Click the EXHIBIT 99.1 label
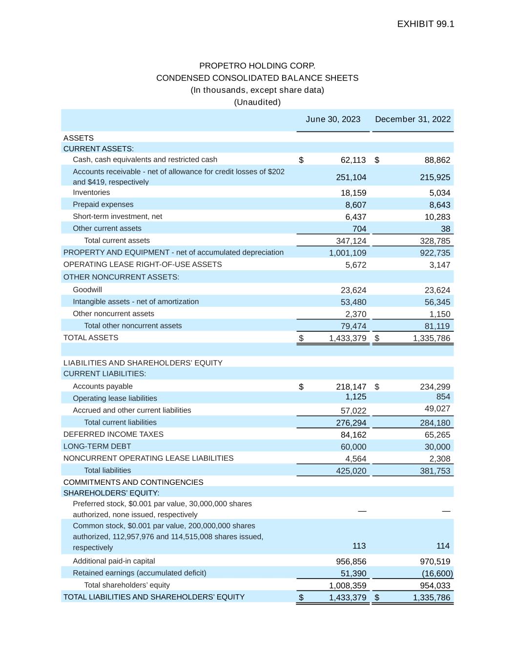(425, 24)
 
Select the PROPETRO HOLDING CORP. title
(257, 65)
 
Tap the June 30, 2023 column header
(333, 119)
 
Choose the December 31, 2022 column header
(412, 119)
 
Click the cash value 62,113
(353, 160)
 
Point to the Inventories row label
(91, 193)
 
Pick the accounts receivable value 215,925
(435, 177)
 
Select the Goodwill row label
(87, 290)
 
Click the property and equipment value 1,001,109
(347, 253)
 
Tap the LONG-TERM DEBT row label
(97, 446)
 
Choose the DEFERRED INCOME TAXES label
(113, 434)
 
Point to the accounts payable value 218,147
(351, 387)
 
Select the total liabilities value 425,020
(351, 471)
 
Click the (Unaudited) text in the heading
(257, 102)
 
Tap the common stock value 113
(359, 546)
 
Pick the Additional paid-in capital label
(114, 561)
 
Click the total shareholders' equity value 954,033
(435, 585)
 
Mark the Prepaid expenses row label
(103, 204)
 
